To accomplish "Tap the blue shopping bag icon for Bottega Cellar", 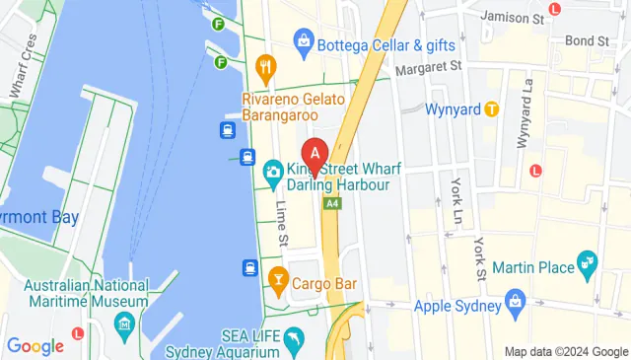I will pos(304,41).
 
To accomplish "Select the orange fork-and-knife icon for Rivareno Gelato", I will pos(265,68).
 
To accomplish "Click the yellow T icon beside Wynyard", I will pos(491,108).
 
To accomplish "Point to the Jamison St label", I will pos(512,18).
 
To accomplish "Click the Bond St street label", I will pos(588,41).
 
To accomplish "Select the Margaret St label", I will pos(428,68).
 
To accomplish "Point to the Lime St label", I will pos(282,225).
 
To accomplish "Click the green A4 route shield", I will pos(332,203).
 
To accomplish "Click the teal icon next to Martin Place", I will pos(590,262).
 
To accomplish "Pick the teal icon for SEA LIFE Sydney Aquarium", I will pos(294,340).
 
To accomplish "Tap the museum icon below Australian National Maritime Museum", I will pos(124,324).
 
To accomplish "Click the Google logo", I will pos(35,346).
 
